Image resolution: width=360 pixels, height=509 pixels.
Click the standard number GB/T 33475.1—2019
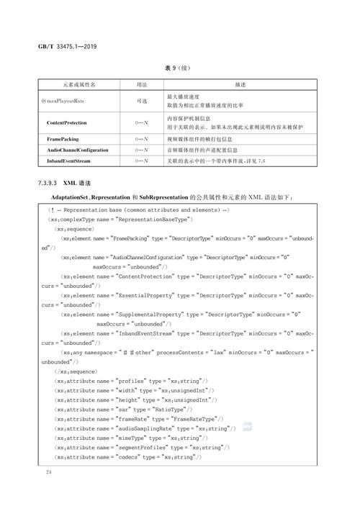68,47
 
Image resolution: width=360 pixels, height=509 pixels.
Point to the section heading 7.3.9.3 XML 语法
76,184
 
